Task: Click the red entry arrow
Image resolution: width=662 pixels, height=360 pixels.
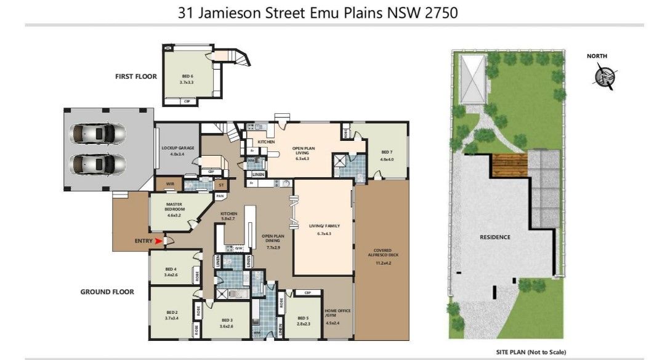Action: click(159, 241)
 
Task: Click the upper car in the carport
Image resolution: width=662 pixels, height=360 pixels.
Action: click(97, 134)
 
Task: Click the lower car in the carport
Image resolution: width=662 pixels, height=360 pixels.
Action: click(97, 164)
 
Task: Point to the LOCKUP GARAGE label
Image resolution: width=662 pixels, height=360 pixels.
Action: click(177, 150)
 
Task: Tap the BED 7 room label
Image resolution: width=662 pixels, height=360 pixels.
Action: click(386, 156)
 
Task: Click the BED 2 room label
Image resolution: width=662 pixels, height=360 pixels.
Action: click(171, 316)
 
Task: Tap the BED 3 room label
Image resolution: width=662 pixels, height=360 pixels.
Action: click(227, 323)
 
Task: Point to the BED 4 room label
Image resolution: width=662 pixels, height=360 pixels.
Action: click(171, 271)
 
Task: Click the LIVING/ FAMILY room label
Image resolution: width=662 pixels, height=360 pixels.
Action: click(324, 229)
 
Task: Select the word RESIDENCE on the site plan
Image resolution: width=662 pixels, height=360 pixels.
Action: click(494, 237)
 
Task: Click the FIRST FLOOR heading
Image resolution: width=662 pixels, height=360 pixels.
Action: click(135, 77)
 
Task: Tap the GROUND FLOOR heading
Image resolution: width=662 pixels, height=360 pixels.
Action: click(107, 292)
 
